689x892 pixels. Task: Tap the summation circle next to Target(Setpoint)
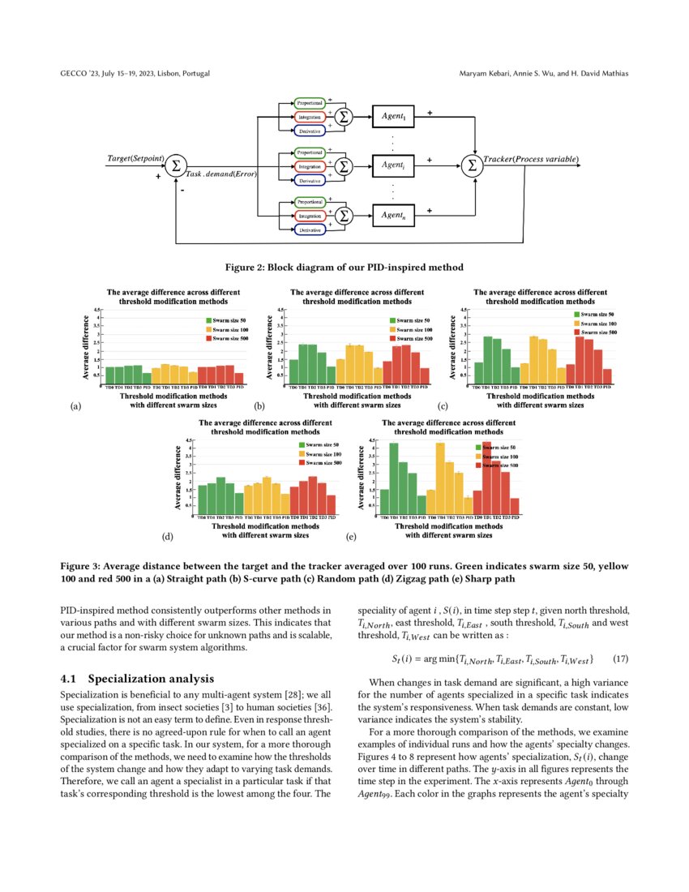pyautogui.click(x=175, y=165)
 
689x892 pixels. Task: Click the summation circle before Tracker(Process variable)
pyautogui.click(x=471, y=165)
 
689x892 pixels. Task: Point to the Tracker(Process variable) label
pyautogui.click(x=531, y=159)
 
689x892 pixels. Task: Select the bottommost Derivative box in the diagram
pyautogui.click(x=308, y=230)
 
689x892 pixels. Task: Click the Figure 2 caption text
pyautogui.click(x=344, y=267)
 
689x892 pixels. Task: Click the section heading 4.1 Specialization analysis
pyautogui.click(x=138, y=678)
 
